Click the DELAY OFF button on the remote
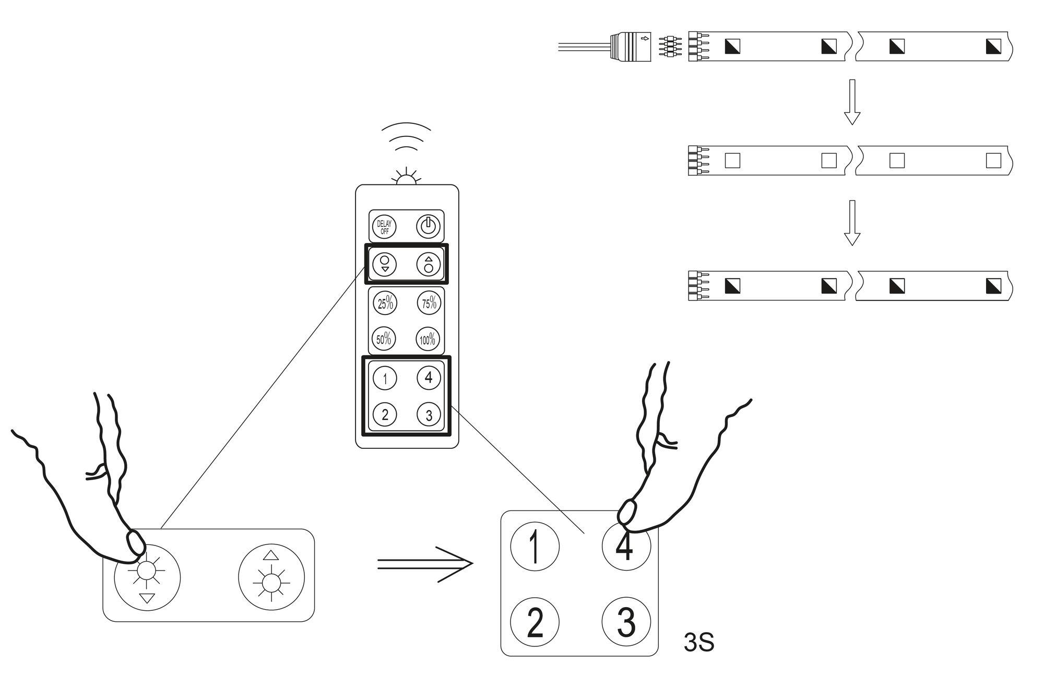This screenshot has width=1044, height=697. pyautogui.click(x=384, y=227)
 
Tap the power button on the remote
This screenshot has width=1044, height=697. pyautogui.click(x=428, y=227)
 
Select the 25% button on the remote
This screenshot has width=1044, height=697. pyautogui.click(x=385, y=303)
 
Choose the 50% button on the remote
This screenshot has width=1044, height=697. pyautogui.click(x=384, y=339)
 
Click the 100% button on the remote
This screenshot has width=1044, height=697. pyautogui.click(x=428, y=340)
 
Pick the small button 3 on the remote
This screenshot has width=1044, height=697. pyautogui.click(x=429, y=415)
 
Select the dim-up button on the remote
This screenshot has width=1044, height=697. pyautogui.click(x=429, y=264)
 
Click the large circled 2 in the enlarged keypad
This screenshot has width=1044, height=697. pyautogui.click(x=535, y=622)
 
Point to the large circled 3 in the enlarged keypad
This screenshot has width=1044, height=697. pyautogui.click(x=626, y=622)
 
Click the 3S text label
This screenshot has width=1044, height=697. pyautogui.click(x=698, y=643)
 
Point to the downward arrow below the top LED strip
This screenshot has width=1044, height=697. pyautogui.click(x=852, y=102)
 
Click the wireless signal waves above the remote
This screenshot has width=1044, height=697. pyautogui.click(x=406, y=137)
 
